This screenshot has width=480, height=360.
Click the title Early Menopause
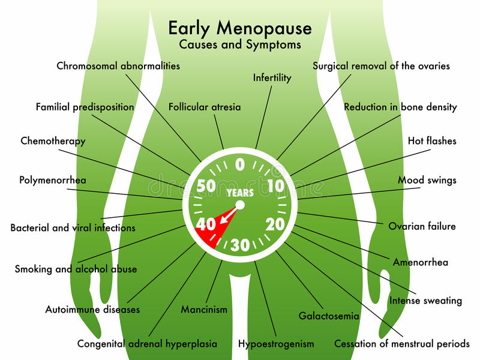click(x=239, y=28)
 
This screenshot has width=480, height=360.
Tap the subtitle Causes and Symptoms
click(x=239, y=44)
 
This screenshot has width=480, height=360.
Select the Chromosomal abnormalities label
click(x=118, y=66)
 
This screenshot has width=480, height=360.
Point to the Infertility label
click(x=272, y=78)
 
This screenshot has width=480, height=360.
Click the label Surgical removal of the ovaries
click(x=381, y=66)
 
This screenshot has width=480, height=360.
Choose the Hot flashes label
click(x=432, y=141)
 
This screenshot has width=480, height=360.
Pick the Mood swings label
click(x=427, y=180)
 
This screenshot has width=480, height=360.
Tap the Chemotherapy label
click(x=53, y=142)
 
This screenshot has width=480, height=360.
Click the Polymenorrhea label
click(x=53, y=180)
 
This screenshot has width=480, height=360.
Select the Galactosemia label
click(x=329, y=316)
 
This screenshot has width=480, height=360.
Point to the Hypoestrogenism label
click(x=276, y=344)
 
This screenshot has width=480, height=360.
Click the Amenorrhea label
click(x=420, y=262)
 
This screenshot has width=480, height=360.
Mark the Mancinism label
click(x=204, y=310)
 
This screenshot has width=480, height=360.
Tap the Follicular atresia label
click(x=205, y=107)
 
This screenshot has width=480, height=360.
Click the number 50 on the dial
click(x=206, y=185)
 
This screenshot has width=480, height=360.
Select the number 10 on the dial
click(x=275, y=186)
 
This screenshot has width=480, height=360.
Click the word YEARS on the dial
click(x=239, y=193)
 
